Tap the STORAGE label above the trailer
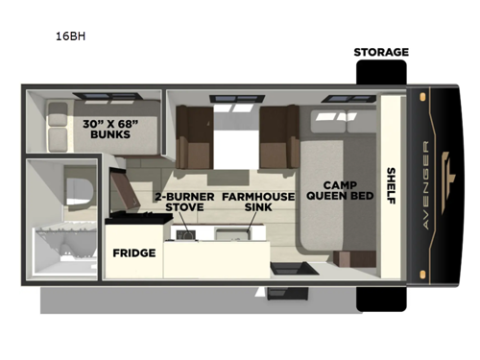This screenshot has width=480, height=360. pyautogui.click(x=380, y=52)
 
